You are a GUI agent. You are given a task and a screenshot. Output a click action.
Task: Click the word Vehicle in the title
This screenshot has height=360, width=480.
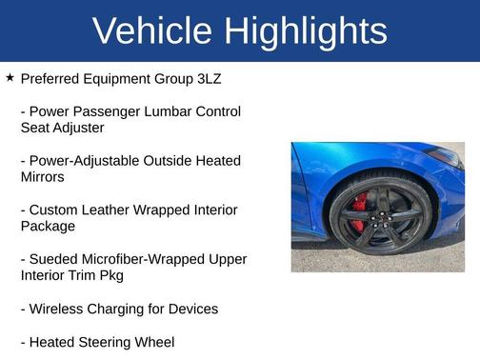152,30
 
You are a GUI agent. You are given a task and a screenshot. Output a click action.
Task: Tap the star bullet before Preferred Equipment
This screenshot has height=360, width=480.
10,76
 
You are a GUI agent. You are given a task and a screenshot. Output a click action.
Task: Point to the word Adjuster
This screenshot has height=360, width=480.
75,127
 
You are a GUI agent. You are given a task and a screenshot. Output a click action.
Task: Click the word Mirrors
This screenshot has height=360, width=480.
43,176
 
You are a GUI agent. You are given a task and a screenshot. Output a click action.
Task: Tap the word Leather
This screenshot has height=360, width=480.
114,210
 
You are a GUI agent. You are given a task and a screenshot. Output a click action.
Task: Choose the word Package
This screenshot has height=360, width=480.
48,226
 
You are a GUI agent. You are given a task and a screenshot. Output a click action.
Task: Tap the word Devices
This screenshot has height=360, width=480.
191,309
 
